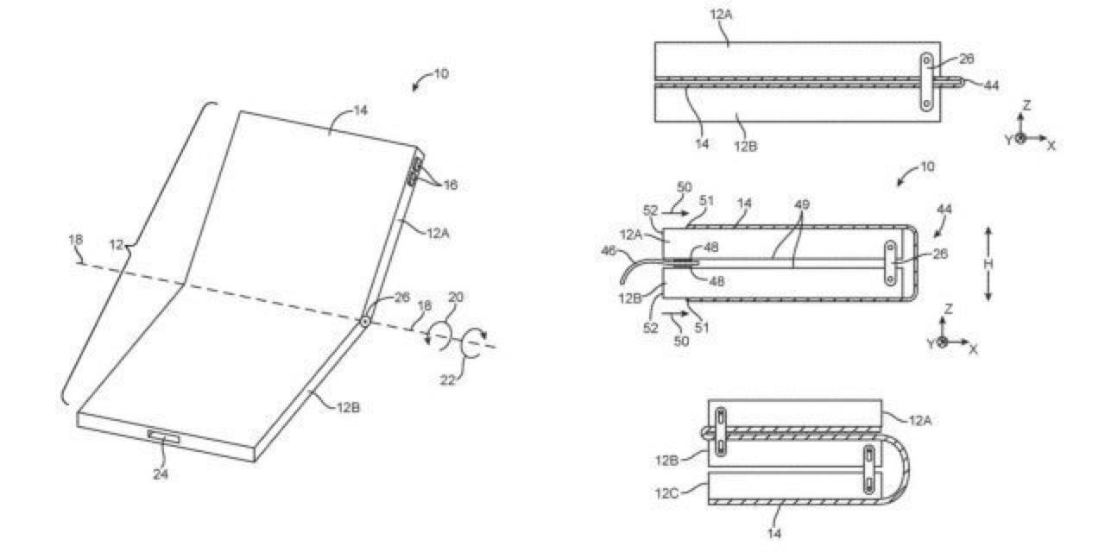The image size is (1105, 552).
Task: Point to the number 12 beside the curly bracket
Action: click(x=117, y=245)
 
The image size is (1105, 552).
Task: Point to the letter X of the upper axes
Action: click(x=1051, y=146)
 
